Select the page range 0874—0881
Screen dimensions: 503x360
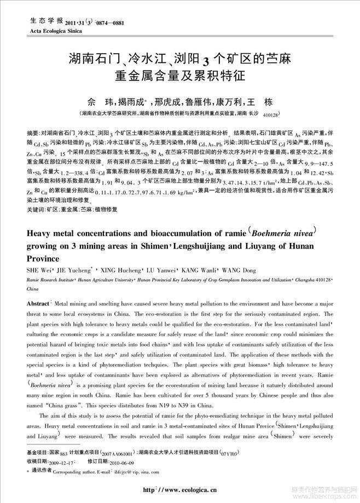pyautogui.click(x=111, y=24)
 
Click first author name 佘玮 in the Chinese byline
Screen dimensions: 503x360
pyautogui.click(x=101, y=102)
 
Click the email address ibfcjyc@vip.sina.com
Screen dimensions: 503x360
pyautogui.click(x=135, y=471)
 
